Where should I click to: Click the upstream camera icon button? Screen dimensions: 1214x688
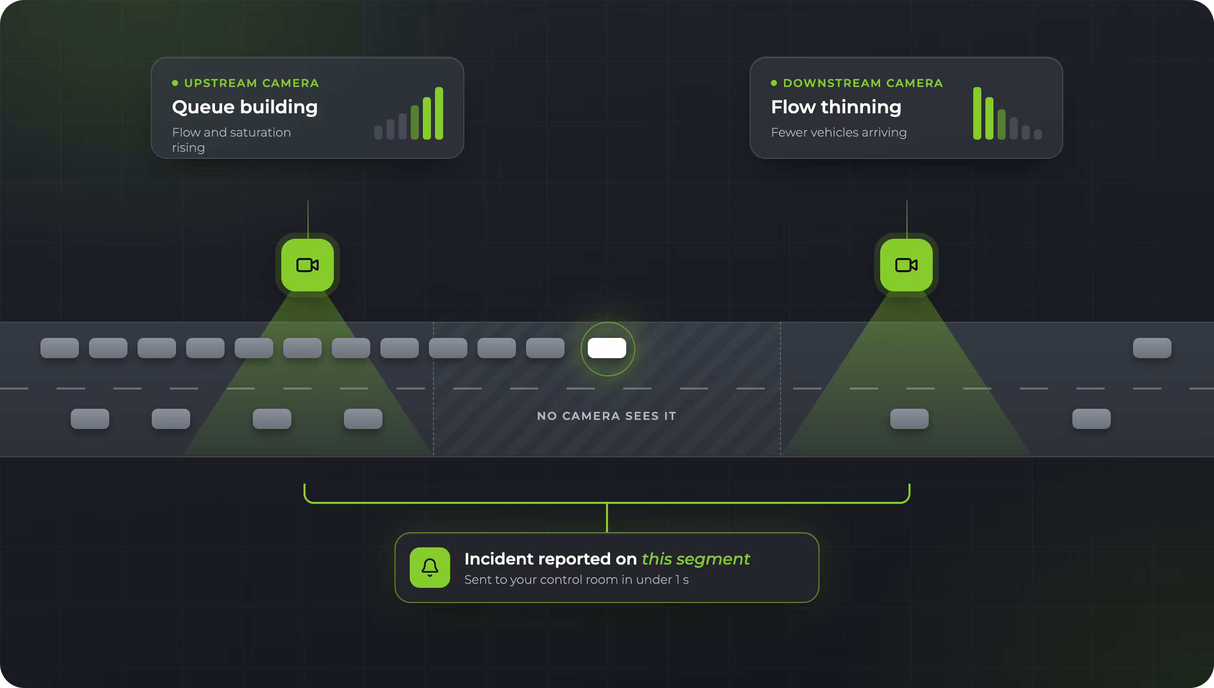[308, 265]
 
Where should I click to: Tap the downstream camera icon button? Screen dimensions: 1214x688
[906, 265]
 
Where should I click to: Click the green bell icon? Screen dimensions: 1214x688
[430, 568]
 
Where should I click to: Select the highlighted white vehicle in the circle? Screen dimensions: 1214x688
[607, 348]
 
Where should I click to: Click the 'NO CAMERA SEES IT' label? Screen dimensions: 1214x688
[606, 416]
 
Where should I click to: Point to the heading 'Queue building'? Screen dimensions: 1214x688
[245, 107]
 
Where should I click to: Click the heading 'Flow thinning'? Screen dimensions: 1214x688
[836, 107]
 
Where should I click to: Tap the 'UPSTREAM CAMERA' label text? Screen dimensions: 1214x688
[251, 83]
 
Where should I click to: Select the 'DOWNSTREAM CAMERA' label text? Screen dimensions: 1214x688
[863, 83]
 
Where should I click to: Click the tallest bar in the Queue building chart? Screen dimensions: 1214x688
[439, 113]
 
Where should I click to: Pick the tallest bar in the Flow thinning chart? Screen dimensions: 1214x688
[977, 113]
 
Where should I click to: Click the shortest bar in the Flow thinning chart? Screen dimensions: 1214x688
[1038, 135]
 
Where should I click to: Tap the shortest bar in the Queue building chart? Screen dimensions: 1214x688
[378, 133]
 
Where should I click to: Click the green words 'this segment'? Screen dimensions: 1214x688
[696, 558]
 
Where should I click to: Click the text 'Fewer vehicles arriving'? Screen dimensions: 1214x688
[839, 133]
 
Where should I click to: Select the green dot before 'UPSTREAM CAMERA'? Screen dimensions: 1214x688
[175, 83]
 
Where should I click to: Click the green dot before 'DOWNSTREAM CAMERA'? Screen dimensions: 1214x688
[774, 83]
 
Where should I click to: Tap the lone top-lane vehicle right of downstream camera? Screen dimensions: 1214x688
[1152, 348]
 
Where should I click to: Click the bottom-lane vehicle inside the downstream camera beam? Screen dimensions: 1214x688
[909, 419]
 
